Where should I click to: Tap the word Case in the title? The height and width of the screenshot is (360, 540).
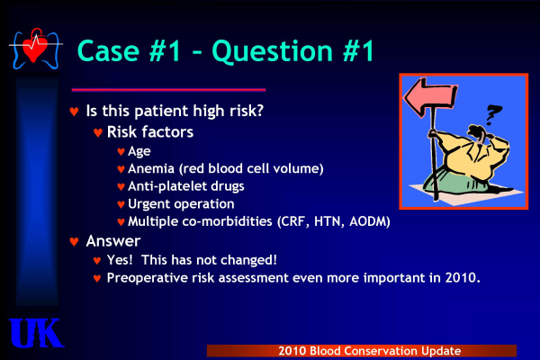108,51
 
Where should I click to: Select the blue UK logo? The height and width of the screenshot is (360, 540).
36,333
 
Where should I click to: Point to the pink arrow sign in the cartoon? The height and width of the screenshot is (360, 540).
430,97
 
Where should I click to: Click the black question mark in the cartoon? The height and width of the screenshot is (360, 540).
493,114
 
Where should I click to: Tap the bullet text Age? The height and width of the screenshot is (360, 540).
139,151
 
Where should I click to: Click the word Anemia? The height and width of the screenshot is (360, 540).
151,168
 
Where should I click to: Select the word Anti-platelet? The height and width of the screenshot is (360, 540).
167,186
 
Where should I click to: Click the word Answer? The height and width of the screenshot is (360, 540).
113,241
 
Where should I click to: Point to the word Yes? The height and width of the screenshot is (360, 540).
120,260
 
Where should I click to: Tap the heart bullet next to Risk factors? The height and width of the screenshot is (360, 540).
98,132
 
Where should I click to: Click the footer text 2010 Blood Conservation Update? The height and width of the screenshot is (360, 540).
370,351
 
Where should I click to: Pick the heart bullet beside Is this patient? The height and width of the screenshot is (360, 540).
74,112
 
